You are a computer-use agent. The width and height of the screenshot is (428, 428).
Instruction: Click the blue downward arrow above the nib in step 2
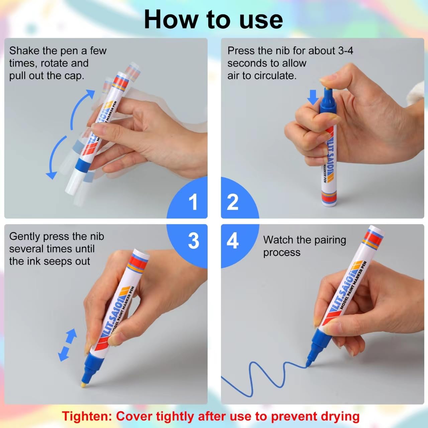(313, 97)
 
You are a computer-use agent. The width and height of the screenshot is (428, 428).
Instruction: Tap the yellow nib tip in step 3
(83, 386)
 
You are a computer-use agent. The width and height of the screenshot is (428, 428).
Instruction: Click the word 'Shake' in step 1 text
(24, 51)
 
